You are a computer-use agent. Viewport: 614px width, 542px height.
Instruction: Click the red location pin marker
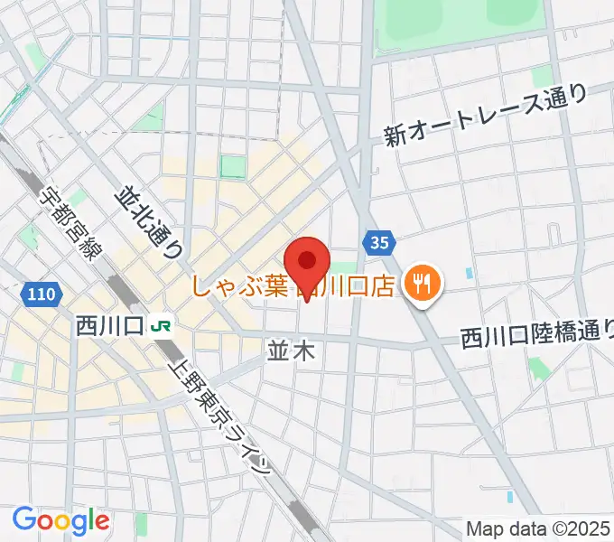[x=308, y=263]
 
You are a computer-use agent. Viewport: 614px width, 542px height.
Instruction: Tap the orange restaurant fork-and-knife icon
[x=421, y=285]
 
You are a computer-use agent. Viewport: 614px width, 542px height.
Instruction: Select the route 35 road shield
[x=379, y=242]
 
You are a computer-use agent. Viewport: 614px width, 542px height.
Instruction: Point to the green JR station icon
[x=162, y=324]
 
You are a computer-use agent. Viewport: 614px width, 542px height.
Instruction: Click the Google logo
[x=60, y=520]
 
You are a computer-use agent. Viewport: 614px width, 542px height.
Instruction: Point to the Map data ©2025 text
[x=537, y=528]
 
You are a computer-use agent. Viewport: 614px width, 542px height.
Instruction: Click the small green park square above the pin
[x=233, y=166]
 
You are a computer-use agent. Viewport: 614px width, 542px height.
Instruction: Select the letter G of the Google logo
[x=24, y=519]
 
